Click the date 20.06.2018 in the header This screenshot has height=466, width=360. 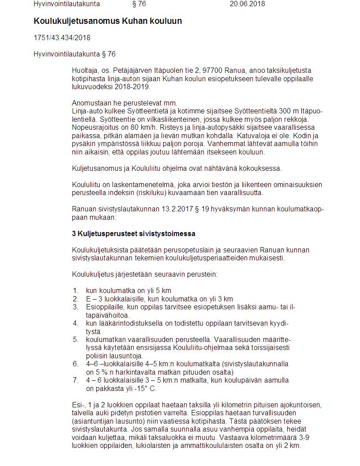click(247, 4)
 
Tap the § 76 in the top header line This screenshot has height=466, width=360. click(139, 4)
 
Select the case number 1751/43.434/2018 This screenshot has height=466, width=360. click(62, 38)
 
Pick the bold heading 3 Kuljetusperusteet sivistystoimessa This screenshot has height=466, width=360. click(134, 233)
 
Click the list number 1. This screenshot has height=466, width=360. click(75, 290)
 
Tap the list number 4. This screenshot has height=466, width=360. click(75, 323)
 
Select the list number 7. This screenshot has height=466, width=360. click(75, 380)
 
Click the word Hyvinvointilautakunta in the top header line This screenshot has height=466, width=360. click(67, 4)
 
